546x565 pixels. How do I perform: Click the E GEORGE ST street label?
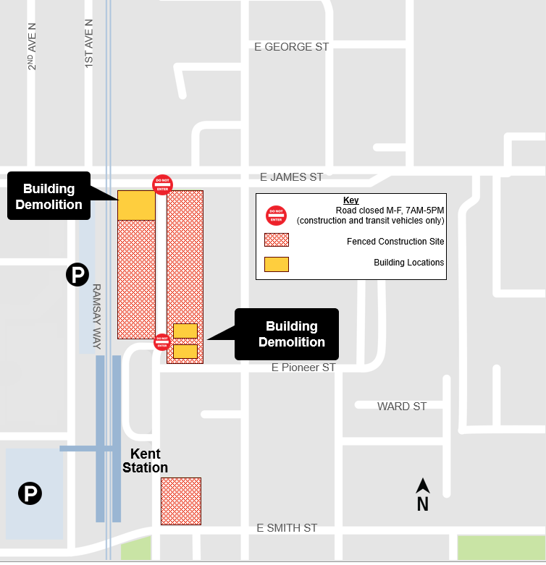point(292,47)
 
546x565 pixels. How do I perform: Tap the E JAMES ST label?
point(292,177)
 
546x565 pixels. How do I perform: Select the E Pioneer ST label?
point(303,368)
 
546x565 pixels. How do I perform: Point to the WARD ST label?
point(402,407)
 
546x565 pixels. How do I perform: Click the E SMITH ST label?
point(287,528)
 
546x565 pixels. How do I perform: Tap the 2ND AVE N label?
point(32,45)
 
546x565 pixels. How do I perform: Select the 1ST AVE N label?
point(89,43)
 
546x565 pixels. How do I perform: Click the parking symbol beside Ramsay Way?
point(77,274)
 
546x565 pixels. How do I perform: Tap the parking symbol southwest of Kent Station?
point(30,494)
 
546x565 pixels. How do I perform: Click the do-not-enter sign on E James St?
point(162,185)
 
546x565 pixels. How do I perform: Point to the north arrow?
point(423,495)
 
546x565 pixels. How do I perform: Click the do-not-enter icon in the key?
point(277,216)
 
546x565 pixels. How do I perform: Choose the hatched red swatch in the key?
point(277,240)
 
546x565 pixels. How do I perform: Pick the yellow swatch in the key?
point(277,263)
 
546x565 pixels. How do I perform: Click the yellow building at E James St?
point(136,205)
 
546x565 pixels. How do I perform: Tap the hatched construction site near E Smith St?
point(180,501)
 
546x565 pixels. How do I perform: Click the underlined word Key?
point(350,200)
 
